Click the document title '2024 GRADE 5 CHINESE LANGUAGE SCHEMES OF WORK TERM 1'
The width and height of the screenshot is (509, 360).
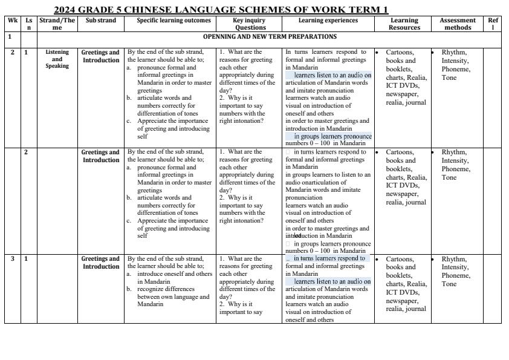(x=221, y=10)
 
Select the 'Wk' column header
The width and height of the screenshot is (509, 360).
(x=12, y=20)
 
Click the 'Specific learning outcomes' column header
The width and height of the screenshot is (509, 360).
(x=170, y=20)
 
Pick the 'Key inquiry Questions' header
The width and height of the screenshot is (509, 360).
(x=250, y=24)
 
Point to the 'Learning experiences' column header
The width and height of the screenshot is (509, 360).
(x=328, y=20)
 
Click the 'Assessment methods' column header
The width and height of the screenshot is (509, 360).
(x=458, y=24)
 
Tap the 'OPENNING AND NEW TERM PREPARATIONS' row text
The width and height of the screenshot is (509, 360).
(x=270, y=37)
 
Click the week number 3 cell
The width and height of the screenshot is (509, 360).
(x=12, y=259)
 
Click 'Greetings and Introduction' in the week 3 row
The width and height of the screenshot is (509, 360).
(x=101, y=263)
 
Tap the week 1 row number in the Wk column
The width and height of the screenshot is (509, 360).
(x=9, y=37)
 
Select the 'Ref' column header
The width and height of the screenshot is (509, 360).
(x=493, y=24)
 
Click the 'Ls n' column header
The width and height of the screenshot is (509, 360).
(x=28, y=24)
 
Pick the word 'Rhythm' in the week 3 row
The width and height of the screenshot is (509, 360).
(x=453, y=259)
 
